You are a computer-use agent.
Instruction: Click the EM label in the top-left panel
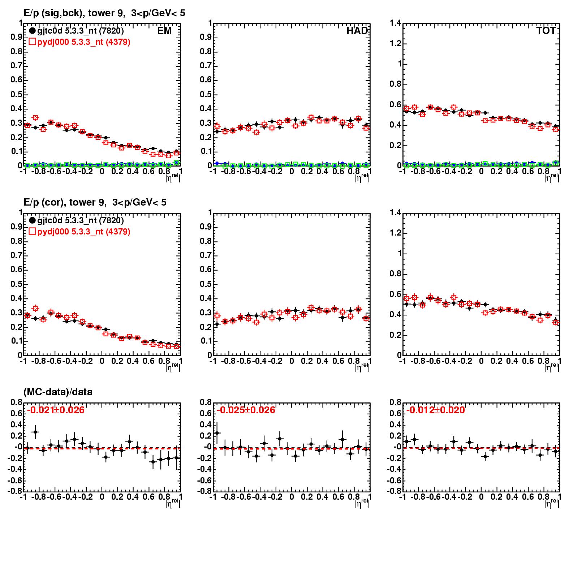point(164,31)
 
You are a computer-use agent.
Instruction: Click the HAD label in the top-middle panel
point(357,31)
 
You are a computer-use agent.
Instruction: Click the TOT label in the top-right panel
point(546,31)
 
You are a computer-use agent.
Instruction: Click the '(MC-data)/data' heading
point(58,392)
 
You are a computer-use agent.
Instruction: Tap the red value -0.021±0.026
point(56,410)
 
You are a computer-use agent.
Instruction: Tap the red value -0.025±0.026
point(246,410)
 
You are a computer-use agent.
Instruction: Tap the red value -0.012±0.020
point(435,410)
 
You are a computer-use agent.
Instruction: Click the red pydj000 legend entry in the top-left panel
point(79,42)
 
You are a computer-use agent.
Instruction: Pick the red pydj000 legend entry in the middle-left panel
point(79,232)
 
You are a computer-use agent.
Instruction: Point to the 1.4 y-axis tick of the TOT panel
point(395,23)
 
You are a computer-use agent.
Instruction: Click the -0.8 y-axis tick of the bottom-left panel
point(15,491)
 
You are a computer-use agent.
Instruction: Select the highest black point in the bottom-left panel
point(35,432)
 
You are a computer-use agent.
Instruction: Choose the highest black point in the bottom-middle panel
point(217,433)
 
